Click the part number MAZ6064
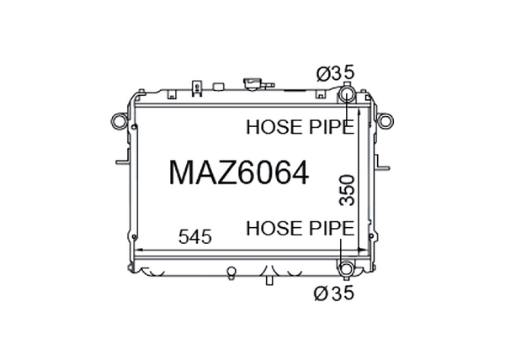pyautogui.click(x=239, y=172)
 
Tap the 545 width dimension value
pyautogui.click(x=195, y=237)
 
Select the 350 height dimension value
pyautogui.click(x=347, y=190)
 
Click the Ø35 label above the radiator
pyautogui.click(x=335, y=72)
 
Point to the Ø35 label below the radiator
pyautogui.click(x=334, y=293)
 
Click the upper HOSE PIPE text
pyautogui.click(x=300, y=127)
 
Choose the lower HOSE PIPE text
pyautogui.click(x=300, y=229)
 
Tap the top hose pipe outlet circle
pyautogui.click(x=346, y=95)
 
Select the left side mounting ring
pyautogui.click(x=120, y=121)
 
